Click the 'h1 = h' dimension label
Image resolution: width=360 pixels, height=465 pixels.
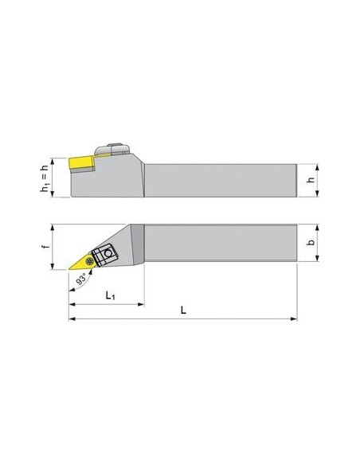coord(44,178)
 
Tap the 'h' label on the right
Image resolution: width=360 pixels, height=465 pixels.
coord(311,180)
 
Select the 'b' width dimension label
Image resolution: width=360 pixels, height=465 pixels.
coord(311,242)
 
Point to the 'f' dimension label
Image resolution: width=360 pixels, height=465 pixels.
coord(45,246)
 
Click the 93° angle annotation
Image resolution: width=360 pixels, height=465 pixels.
coord(81,279)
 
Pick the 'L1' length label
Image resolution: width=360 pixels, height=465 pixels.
coord(110,295)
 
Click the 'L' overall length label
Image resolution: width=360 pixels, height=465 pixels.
coord(183,311)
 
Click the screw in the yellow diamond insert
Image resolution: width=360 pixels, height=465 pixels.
coord(88,261)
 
